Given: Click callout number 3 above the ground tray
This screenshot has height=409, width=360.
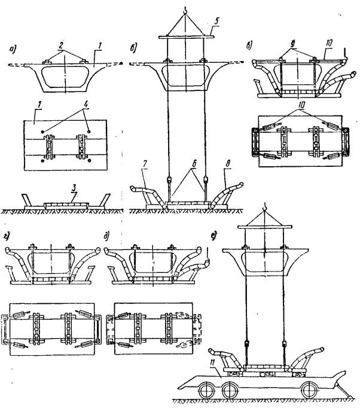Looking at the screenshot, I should pyautogui.click(x=74, y=190).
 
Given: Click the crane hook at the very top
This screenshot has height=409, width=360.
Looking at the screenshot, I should pyautogui.click(x=185, y=7).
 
